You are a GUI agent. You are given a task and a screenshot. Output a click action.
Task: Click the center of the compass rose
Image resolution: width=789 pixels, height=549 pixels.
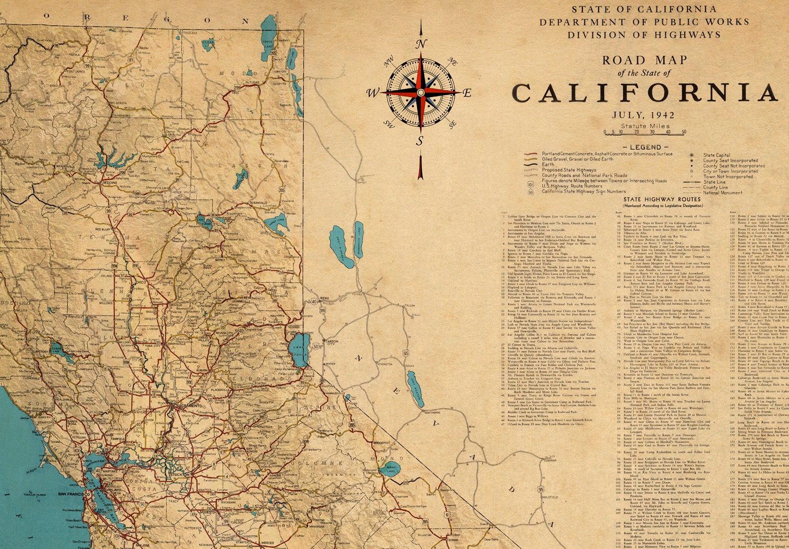pyautogui.click(x=420, y=93)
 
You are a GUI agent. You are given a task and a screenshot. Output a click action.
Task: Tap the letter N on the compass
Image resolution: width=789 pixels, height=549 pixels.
pyautogui.click(x=421, y=44)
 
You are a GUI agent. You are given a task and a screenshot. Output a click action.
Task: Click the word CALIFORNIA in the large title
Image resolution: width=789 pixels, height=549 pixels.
pyautogui.click(x=644, y=93)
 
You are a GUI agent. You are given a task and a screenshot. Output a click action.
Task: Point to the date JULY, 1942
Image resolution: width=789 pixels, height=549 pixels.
pyautogui.click(x=643, y=115)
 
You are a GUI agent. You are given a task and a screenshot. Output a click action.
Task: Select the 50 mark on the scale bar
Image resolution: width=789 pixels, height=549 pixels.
pyautogui.click(x=684, y=132)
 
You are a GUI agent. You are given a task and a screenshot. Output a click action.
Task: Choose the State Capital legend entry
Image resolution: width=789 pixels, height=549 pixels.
pyautogui.click(x=716, y=155)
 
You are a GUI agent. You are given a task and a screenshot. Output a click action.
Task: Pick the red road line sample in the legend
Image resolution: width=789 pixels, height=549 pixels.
pyautogui.click(x=532, y=154)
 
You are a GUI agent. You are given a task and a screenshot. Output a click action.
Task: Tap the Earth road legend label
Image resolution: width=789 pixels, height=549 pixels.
pyautogui.click(x=548, y=165)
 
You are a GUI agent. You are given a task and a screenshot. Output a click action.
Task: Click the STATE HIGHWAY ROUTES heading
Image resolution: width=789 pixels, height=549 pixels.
pyautogui.click(x=662, y=199)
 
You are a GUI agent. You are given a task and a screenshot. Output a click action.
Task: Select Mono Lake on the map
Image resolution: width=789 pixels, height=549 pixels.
pyautogui.click(x=392, y=468)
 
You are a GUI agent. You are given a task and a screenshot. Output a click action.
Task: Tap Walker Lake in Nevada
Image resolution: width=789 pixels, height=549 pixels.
pyautogui.click(x=416, y=388)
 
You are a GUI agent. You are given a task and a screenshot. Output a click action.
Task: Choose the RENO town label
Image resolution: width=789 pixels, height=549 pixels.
pyautogui.click(x=325, y=298)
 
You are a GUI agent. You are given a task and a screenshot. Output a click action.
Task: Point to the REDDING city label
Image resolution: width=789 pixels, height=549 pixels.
pyautogui.click(x=109, y=183)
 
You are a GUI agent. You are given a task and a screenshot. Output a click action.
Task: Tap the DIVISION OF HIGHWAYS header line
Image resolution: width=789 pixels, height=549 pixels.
pyautogui.click(x=644, y=35)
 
